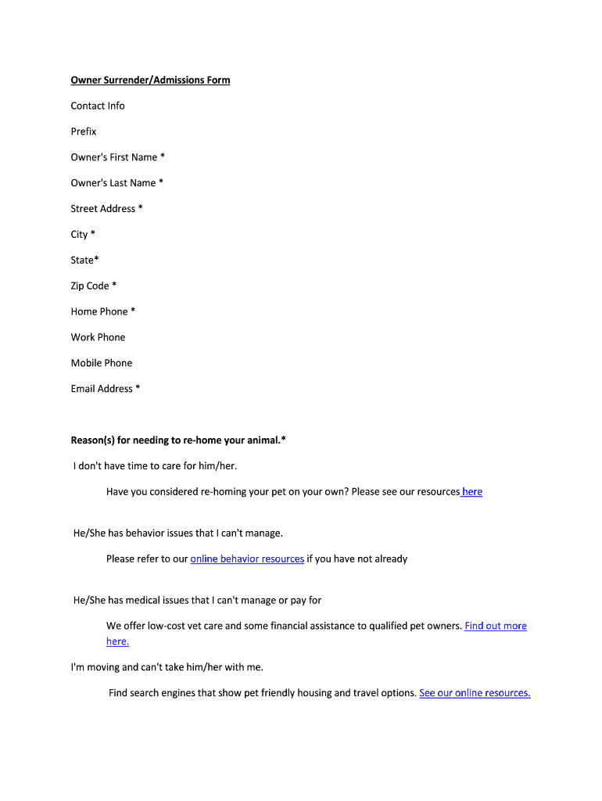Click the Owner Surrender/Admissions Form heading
(150, 80)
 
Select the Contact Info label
(98, 106)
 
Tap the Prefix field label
(84, 131)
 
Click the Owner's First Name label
(117, 157)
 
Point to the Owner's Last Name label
(116, 183)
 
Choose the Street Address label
(106, 209)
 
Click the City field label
(83, 235)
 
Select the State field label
(84, 260)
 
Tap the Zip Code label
(93, 286)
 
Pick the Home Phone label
(102, 311)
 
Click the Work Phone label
(98, 337)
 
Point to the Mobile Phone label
(102, 363)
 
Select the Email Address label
(105, 389)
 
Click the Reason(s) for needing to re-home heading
(178, 440)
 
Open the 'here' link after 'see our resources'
(472, 492)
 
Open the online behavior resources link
(247, 559)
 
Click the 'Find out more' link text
(496, 626)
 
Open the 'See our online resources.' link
(475, 693)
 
